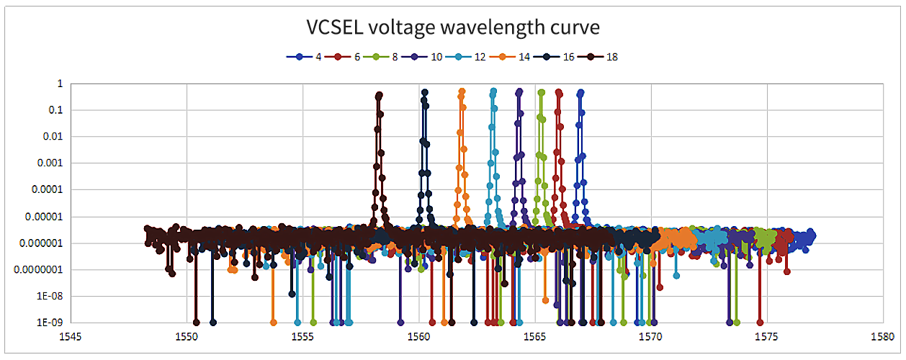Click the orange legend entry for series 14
coord(518,56)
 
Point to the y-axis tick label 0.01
coord(53,136)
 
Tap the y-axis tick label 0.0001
coord(48,189)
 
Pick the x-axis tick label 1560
coord(419,336)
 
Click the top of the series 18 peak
coord(380,94)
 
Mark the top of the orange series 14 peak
coord(462,91)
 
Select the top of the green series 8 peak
coord(542,92)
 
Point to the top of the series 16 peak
coord(425,92)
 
